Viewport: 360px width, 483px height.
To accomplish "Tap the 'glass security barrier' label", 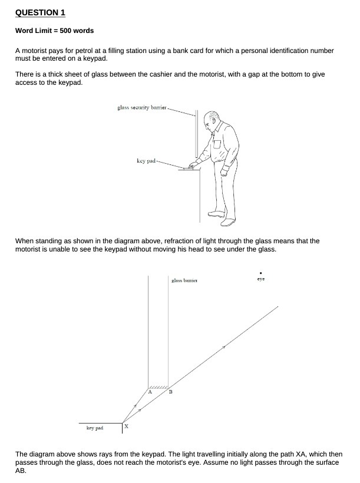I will (x=142, y=107).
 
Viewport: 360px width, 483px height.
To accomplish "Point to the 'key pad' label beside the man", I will (x=146, y=160).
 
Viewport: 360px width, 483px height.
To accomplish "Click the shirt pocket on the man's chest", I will (x=217, y=144).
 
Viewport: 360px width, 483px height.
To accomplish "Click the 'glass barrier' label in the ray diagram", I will (x=184, y=281).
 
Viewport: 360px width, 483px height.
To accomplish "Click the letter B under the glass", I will (x=170, y=392).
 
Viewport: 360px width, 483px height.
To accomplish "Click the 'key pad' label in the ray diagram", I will (x=94, y=428).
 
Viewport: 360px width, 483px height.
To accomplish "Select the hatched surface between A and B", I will (x=158, y=386).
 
